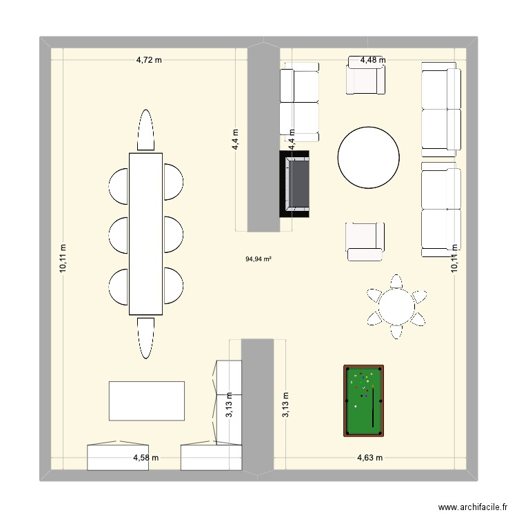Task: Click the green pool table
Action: click(363, 401)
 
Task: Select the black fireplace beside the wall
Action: click(294, 183)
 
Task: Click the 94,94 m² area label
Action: click(258, 260)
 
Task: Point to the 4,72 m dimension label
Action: click(149, 60)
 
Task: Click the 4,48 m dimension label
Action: click(373, 60)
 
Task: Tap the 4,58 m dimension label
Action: click(146, 458)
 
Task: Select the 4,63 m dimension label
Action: click(369, 458)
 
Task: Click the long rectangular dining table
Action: click(145, 233)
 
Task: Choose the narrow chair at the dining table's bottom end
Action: click(145, 338)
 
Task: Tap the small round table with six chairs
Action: click(396, 306)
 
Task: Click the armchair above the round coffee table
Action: click(365, 77)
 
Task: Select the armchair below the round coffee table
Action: click(365, 241)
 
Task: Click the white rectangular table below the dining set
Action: click(148, 401)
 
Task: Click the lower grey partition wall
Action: click(258, 407)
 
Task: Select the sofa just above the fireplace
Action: click(299, 101)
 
